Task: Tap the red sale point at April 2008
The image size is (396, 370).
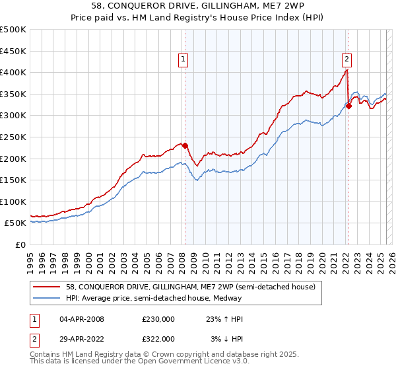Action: point(185,145)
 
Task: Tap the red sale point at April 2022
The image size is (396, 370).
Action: point(349,106)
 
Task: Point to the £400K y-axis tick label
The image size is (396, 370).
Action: point(13,73)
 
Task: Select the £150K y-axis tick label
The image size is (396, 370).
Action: point(13,180)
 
